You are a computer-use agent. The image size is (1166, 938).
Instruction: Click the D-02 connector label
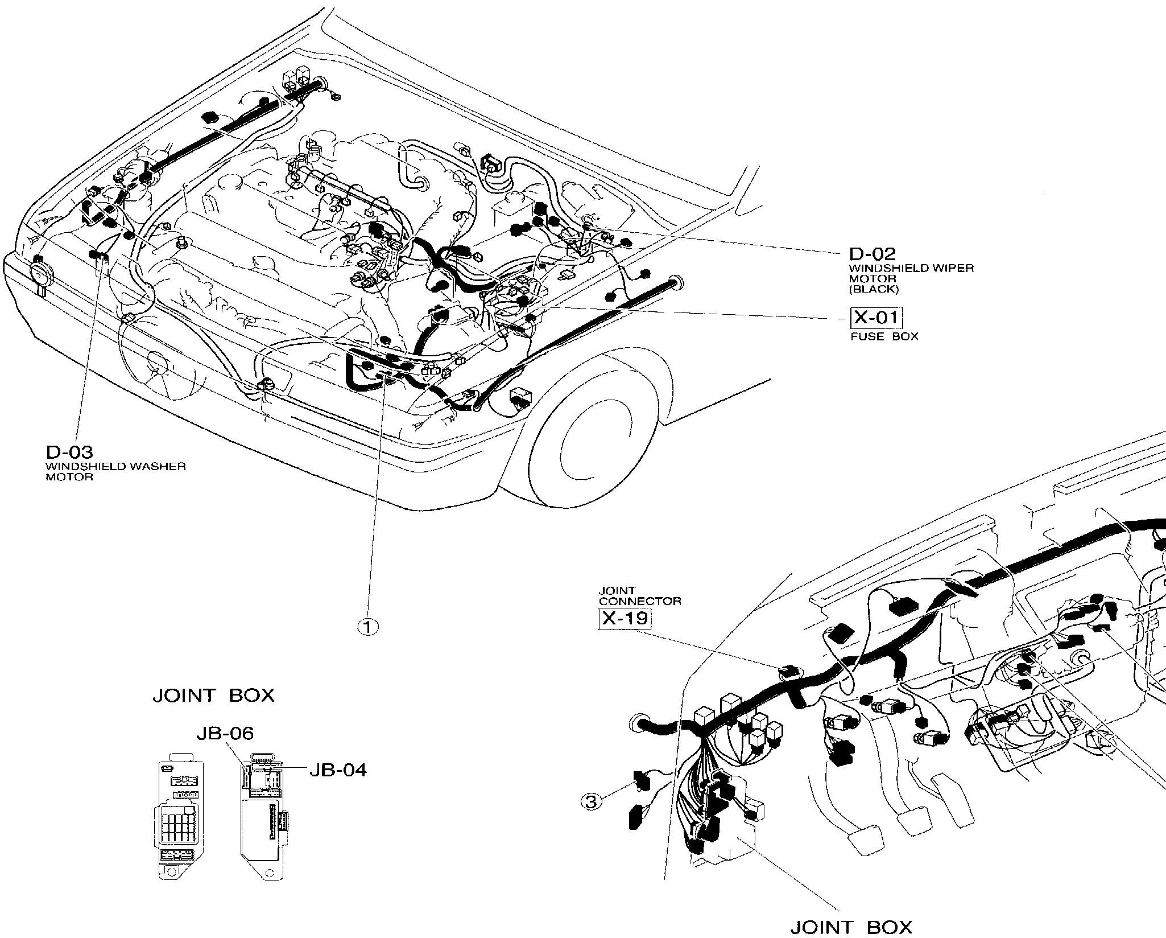point(872,254)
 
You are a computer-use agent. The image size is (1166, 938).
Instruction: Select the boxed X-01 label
point(876,318)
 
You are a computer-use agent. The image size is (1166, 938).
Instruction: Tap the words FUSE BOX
point(884,336)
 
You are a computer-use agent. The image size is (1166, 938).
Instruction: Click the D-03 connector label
point(69,452)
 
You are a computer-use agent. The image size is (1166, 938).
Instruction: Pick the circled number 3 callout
point(592,802)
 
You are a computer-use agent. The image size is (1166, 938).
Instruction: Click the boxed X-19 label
point(625,618)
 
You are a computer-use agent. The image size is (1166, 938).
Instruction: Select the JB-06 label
point(225,734)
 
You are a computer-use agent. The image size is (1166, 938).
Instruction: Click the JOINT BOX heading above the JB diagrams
point(213,696)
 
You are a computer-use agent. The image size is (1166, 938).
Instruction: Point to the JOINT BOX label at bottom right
point(851,927)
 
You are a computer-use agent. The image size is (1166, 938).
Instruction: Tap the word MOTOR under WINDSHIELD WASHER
point(69,477)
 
